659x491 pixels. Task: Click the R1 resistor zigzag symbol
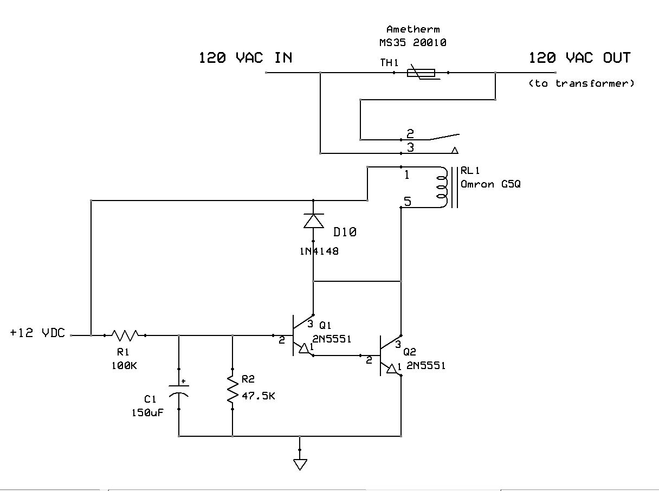click(125, 335)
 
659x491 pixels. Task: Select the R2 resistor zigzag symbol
click(232, 390)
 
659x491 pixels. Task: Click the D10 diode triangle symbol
click(313, 221)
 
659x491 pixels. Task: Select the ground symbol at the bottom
click(300, 463)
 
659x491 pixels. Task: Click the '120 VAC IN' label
click(245, 57)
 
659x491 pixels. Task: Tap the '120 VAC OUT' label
click(579, 57)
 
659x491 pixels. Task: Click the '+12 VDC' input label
click(37, 333)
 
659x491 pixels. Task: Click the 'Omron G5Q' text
click(491, 184)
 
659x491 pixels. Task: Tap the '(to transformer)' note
click(580, 83)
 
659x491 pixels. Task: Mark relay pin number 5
click(407, 202)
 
